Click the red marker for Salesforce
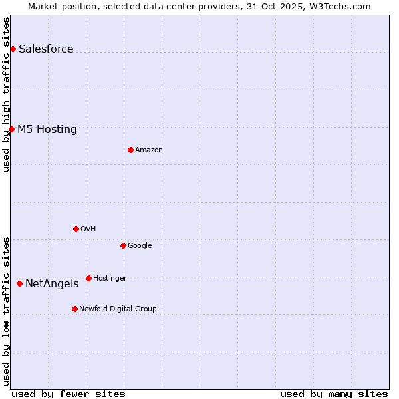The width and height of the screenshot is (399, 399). pos(13,49)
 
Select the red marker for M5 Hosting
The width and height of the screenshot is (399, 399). pos(11,129)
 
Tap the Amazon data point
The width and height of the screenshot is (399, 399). pos(130,150)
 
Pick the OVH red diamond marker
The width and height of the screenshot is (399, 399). pos(76,229)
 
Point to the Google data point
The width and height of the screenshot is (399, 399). pos(123,245)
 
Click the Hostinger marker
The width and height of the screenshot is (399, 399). pos(88,278)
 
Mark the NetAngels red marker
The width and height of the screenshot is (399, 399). pos(19,283)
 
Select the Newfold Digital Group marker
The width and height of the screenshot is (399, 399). pos(74,309)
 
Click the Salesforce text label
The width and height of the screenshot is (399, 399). pos(46,49)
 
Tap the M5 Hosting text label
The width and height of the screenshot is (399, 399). pos(47,129)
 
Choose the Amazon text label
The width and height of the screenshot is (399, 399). pos(149,150)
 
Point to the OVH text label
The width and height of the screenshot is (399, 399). pos(88,229)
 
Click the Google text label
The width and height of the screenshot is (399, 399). pos(140,245)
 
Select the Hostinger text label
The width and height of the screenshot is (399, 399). pos(110,278)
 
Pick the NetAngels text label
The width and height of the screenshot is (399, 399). pos(52,283)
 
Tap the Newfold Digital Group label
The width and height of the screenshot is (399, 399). pos(118,309)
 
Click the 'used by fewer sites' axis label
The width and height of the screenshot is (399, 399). pos(68,394)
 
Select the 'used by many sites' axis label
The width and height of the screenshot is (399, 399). pos(334,394)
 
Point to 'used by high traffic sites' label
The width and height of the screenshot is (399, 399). pos(6,94)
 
